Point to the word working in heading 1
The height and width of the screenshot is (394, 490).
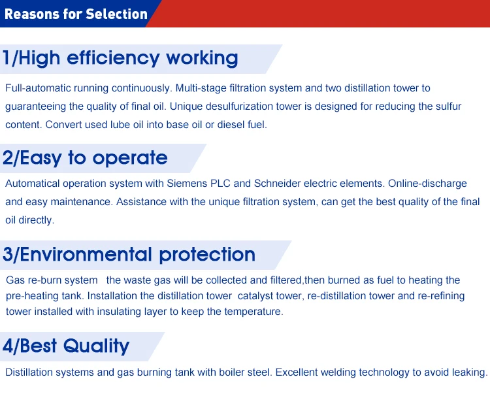pos(202,58)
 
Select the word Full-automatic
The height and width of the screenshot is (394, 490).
pos(38,88)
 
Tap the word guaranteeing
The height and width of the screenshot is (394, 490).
pos(36,107)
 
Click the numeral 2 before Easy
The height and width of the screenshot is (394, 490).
pos(7,157)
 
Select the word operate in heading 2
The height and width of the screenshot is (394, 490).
pos(130,158)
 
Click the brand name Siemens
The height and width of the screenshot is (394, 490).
pos(187,184)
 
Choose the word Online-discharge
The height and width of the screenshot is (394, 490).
pos(427,184)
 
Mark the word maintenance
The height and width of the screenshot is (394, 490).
pos(81,202)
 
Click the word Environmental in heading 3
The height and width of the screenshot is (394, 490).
pos(86,254)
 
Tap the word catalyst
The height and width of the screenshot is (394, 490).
pos(254,296)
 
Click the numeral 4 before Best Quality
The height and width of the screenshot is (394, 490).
pos(8,346)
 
